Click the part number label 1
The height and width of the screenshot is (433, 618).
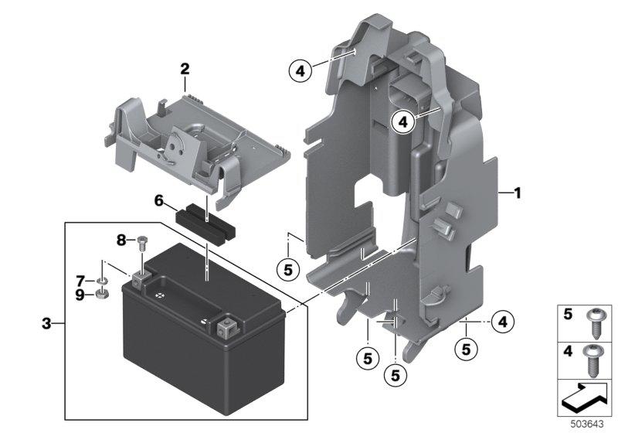click(516, 193)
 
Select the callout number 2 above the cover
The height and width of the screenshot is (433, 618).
click(185, 69)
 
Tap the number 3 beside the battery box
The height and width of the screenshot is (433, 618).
click(47, 323)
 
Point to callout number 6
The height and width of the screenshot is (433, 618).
click(159, 201)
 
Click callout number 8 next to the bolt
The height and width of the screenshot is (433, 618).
click(121, 240)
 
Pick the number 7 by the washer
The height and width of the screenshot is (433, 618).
click(80, 279)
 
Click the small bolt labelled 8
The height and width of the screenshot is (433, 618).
click(141, 243)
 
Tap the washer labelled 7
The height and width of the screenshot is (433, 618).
click(102, 280)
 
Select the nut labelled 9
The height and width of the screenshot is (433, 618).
click(102, 294)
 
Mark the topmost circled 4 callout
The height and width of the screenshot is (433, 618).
click(300, 72)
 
